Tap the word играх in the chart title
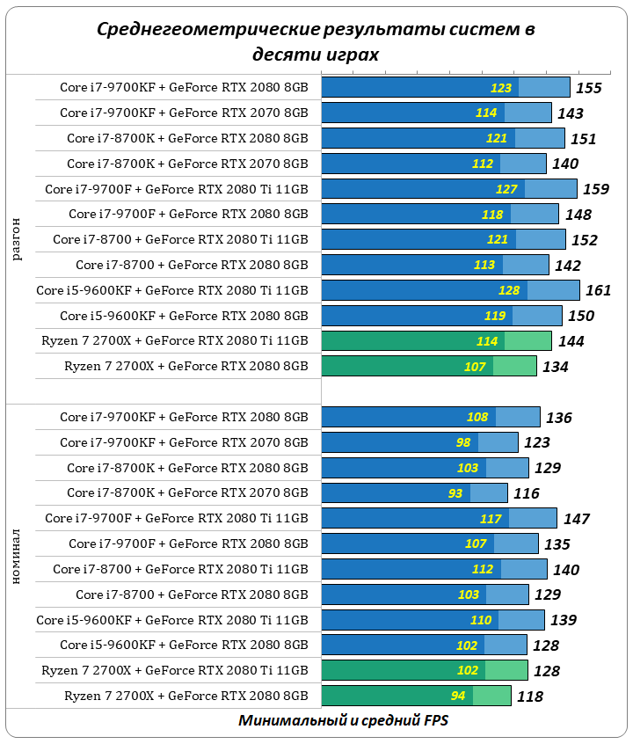[348, 55]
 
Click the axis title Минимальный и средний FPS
[343, 720]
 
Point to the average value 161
[597, 290]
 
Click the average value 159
[595, 188]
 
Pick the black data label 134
[555, 367]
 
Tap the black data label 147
[576, 519]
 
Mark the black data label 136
[558, 418]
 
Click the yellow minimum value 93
[455, 493]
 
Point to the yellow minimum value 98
[462, 442]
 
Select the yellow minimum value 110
[481, 620]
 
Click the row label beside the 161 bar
[172, 290]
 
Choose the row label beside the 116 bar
[187, 493]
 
